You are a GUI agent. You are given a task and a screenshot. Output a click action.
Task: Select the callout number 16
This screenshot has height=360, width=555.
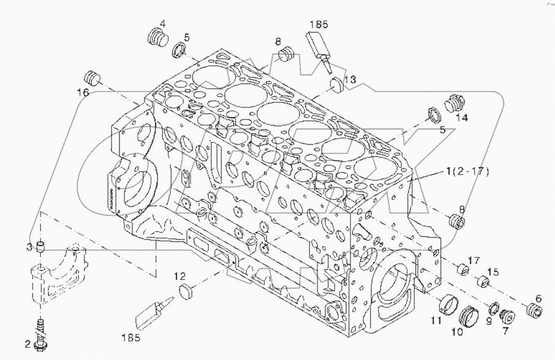(83, 92)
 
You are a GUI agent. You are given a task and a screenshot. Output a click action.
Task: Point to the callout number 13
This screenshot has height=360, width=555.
(349, 80)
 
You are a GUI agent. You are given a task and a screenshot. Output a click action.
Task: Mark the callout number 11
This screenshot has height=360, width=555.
(436, 319)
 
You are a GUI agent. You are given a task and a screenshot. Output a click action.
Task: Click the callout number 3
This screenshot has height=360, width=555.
(29, 247)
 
